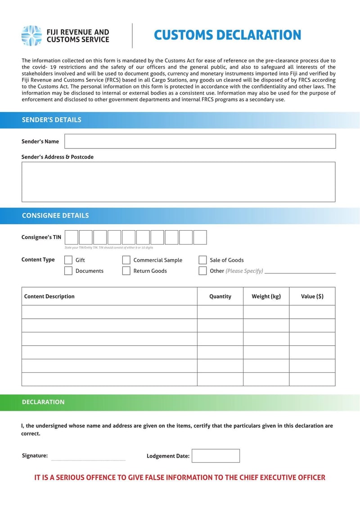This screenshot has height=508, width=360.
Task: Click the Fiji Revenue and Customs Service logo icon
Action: (32, 36)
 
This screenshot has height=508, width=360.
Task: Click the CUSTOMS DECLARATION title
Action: (227, 35)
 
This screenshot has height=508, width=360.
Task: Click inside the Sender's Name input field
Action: (200, 141)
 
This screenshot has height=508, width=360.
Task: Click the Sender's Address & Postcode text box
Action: (178, 182)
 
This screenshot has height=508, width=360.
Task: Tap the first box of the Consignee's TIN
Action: (72, 237)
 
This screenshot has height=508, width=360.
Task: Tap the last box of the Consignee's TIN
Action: (200, 237)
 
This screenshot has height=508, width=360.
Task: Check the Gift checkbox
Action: (68, 260)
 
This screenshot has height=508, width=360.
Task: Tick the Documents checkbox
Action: (68, 271)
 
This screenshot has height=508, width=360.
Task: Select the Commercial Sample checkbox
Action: (126, 260)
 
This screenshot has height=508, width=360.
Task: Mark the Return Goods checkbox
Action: (126, 271)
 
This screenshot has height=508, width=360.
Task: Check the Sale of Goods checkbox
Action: (203, 260)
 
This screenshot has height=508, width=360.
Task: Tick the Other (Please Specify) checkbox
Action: (203, 271)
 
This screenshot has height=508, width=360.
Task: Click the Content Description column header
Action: (49, 296)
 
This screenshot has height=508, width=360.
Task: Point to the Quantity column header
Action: (220, 296)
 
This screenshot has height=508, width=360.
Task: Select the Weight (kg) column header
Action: (266, 296)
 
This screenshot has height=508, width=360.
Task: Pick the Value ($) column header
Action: (312, 296)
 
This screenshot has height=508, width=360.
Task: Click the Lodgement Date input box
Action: (216, 455)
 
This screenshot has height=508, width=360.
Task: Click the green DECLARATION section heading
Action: (43, 402)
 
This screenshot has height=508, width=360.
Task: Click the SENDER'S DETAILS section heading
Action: (52, 120)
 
